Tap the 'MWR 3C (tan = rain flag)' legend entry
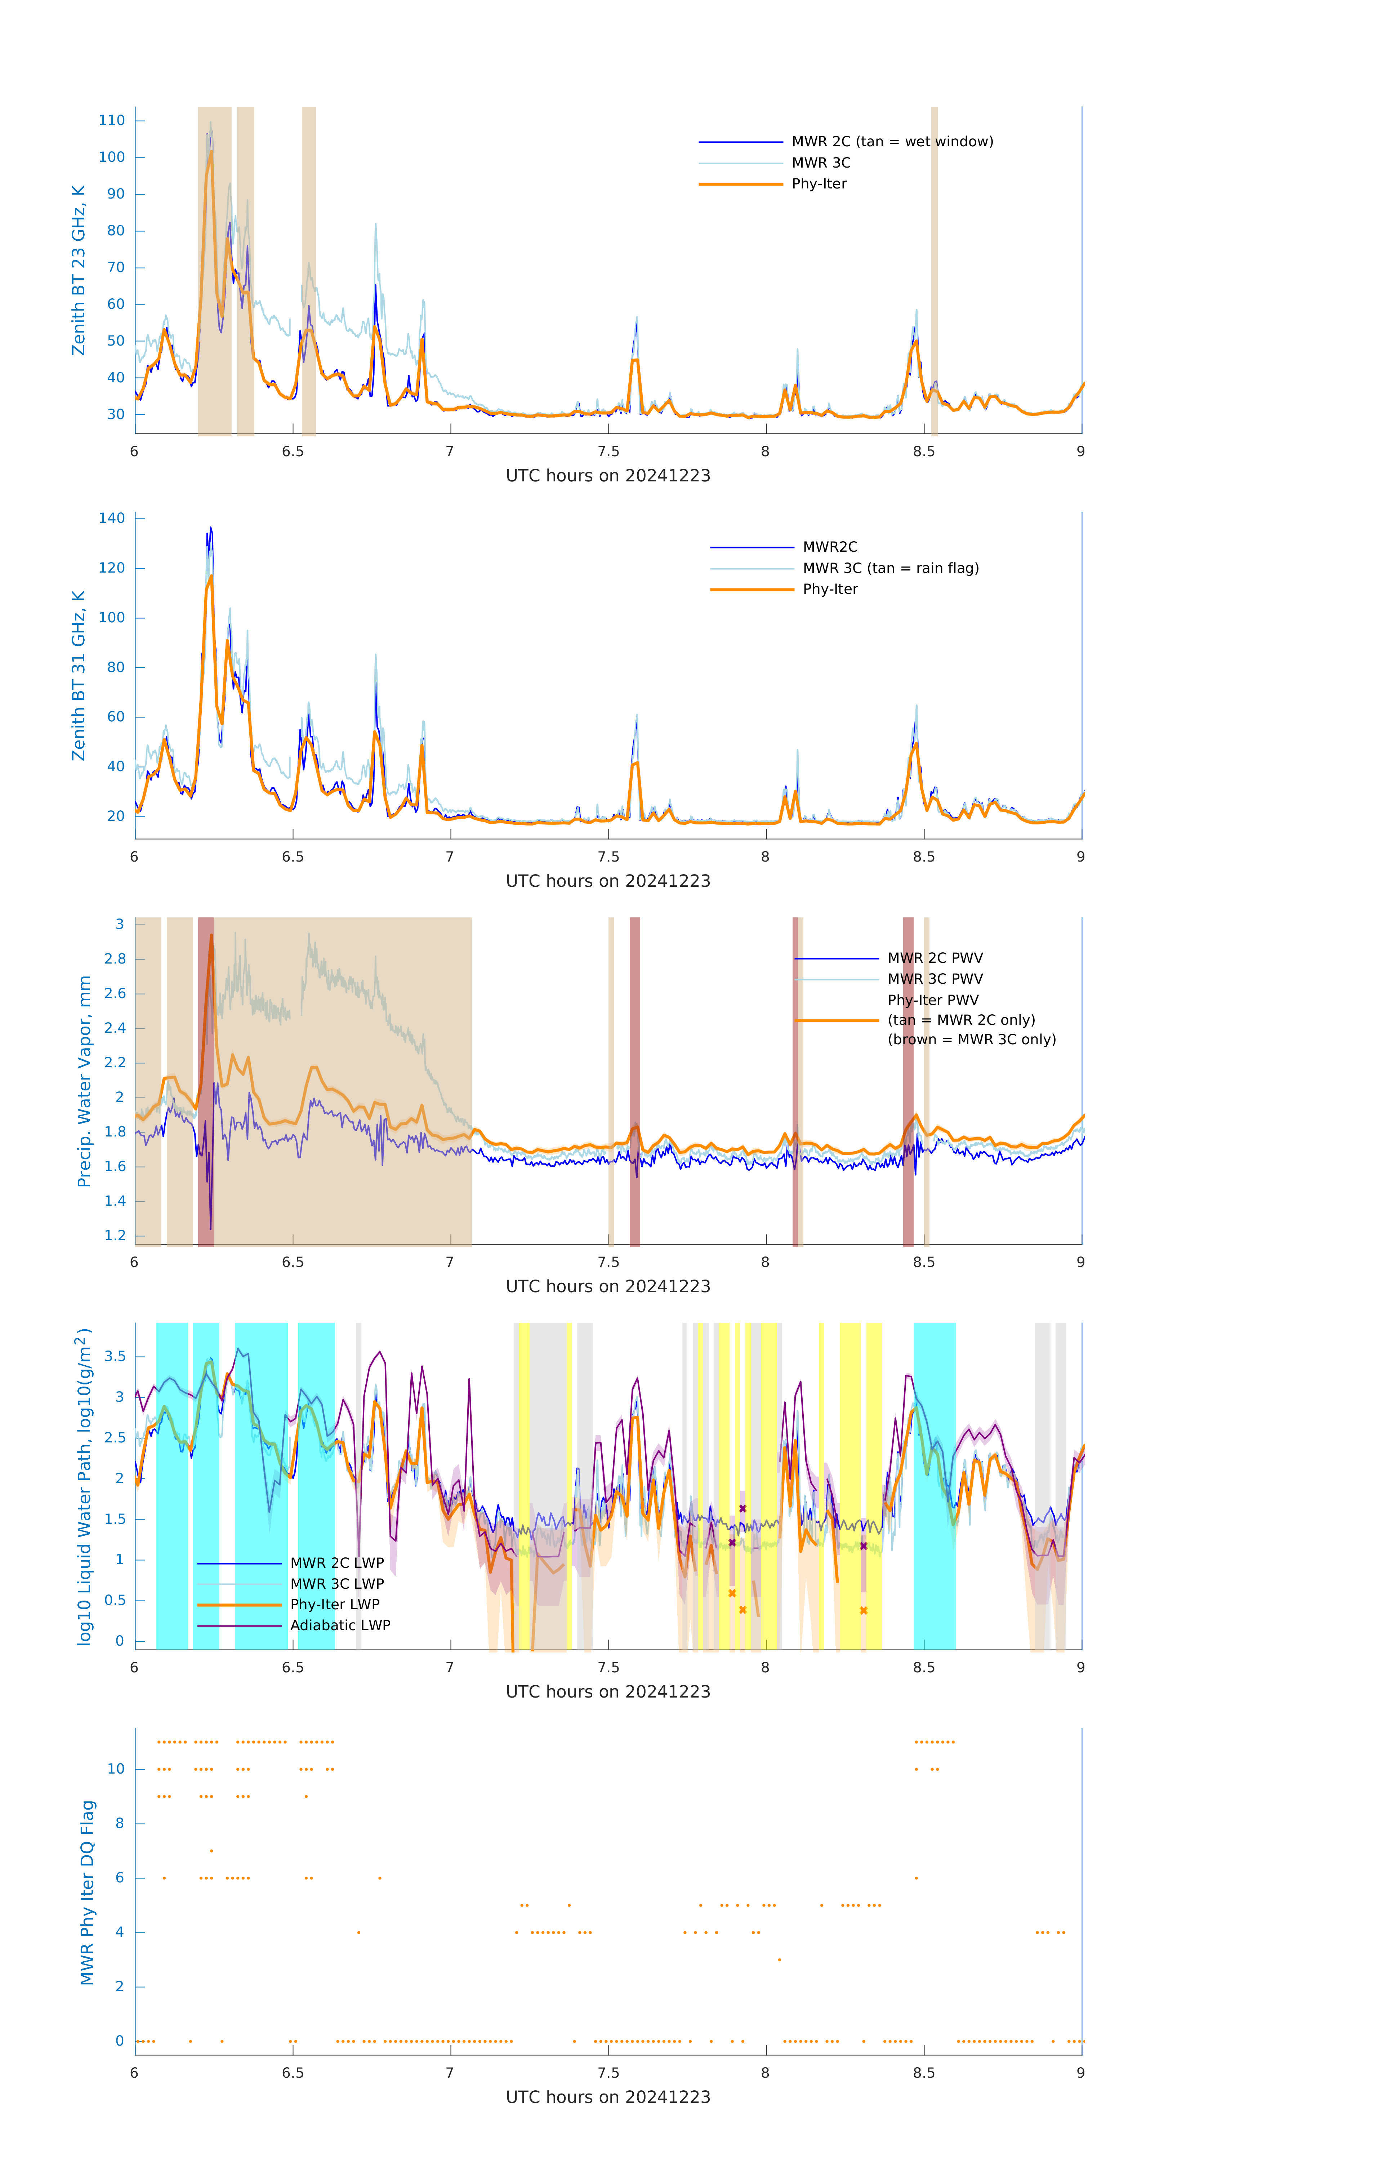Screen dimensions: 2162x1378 pyautogui.click(x=889, y=568)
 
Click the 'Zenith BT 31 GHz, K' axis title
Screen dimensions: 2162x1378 pyautogui.click(x=79, y=675)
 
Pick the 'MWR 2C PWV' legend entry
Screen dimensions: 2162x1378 pyautogui.click(x=935, y=958)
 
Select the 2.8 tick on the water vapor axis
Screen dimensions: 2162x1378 pyautogui.click(x=115, y=959)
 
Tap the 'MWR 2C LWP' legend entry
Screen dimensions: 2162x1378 pyautogui.click(x=336, y=1563)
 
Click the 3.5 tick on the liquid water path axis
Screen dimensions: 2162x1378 pyautogui.click(x=115, y=1357)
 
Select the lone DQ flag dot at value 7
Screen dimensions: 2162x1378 pyautogui.click(x=211, y=1850)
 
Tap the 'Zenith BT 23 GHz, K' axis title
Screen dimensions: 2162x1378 pyautogui.click(x=79, y=270)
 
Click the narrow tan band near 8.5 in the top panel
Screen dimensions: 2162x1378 pyautogui.click(x=935, y=270)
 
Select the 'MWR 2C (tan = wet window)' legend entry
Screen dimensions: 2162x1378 pyautogui.click(x=891, y=142)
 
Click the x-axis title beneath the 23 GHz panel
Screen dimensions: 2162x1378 pyautogui.click(x=608, y=476)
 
